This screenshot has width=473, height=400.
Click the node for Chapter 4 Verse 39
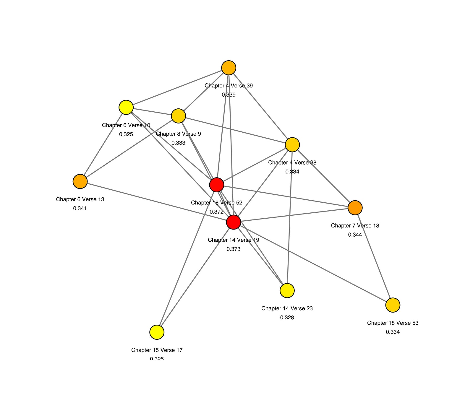229,68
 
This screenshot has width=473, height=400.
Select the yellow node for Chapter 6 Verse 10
126,107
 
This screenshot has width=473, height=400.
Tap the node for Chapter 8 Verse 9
178,116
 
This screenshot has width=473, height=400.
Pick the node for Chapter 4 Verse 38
292,145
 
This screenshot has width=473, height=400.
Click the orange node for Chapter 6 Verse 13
80,181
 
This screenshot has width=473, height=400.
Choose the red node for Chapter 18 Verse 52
217,185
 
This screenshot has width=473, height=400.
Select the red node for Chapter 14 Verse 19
234,222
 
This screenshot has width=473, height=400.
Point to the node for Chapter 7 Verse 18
355,208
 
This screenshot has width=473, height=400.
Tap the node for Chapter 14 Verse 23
287,291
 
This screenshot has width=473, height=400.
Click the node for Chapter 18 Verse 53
393,305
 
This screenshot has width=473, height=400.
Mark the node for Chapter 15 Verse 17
157,332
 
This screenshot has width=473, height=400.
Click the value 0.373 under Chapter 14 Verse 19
234,249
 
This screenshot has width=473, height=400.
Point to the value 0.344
355,235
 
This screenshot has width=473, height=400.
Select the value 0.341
80,208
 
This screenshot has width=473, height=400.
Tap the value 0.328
287,318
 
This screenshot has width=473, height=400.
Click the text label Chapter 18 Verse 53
393,323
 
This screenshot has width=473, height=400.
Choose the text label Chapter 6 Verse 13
80,199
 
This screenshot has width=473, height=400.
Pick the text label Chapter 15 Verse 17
157,350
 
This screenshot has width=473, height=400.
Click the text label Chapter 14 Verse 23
287,308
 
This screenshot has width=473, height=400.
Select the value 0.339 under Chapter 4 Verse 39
229,95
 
